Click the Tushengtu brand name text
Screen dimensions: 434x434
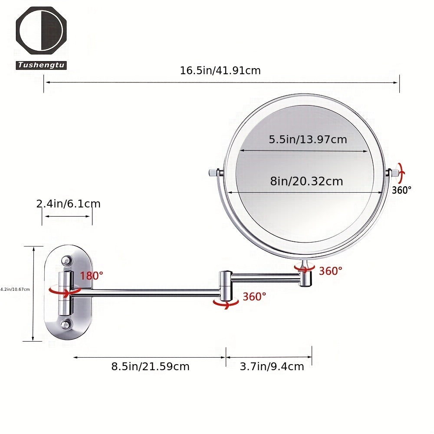click(x=41, y=65)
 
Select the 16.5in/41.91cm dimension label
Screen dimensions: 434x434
click(x=220, y=70)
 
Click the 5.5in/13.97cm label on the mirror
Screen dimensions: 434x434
click(x=308, y=139)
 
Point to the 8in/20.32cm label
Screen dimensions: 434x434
click(x=306, y=181)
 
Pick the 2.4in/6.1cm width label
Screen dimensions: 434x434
click(x=68, y=204)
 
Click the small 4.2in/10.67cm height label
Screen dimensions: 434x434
click(x=15, y=289)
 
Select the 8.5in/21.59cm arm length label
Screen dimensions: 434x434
click(x=150, y=366)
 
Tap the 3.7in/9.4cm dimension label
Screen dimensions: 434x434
click(x=272, y=366)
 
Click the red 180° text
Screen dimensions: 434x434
click(x=92, y=275)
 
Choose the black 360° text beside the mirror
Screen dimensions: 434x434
click(x=401, y=190)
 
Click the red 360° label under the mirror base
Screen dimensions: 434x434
click(x=331, y=271)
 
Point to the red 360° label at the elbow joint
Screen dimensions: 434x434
click(x=254, y=297)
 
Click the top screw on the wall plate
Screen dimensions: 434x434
click(x=66, y=261)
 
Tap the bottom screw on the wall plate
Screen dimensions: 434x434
click(x=66, y=323)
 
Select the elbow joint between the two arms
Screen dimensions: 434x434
click(x=226, y=286)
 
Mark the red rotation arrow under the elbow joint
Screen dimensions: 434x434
click(x=226, y=304)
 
